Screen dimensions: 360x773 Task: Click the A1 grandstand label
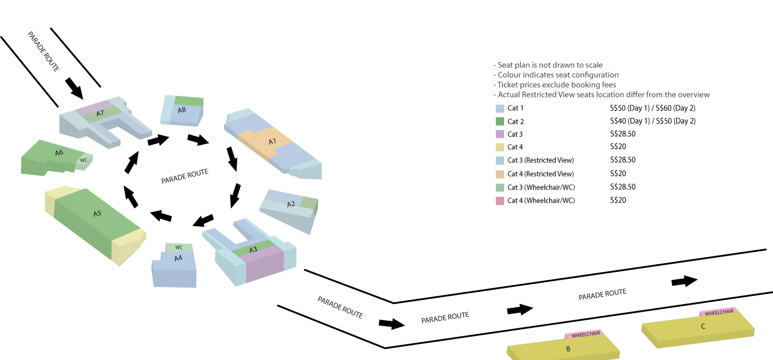coord(272,141)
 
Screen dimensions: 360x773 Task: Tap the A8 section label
coord(182,110)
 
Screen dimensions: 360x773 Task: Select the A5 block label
coord(97,214)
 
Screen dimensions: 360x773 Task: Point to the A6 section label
coord(59,153)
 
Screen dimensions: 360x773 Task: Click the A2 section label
coord(291,204)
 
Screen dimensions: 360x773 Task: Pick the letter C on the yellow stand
coord(703,326)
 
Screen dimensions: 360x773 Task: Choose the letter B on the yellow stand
coord(568,349)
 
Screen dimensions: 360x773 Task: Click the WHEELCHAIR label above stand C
coord(719,312)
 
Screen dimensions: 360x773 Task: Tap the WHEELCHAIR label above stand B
coord(585,335)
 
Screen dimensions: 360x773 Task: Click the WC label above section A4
coord(179,248)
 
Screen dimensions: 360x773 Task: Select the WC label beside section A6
coord(83,160)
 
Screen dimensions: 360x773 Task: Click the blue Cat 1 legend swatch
coord(499,108)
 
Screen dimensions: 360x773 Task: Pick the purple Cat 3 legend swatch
coord(499,134)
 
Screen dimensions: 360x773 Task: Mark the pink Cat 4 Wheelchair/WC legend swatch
coord(499,201)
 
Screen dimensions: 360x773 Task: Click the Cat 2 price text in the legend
coord(653,121)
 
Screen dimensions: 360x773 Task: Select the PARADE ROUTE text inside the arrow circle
coord(185,177)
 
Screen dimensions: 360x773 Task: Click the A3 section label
coord(253,250)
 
